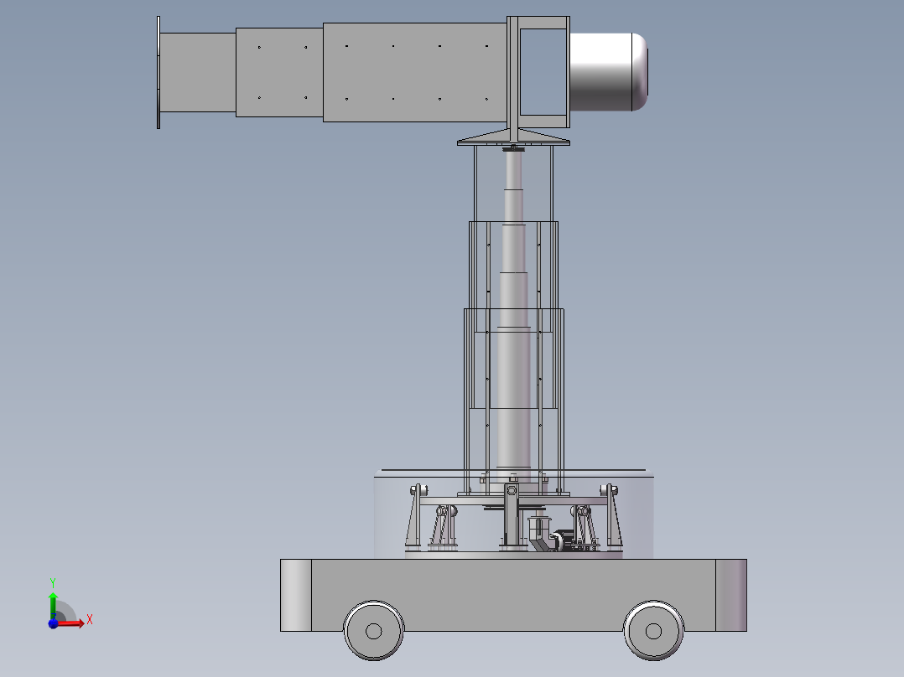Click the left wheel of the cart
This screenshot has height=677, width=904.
pyautogui.click(x=374, y=630)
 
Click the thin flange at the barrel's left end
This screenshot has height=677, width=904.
pyautogui.click(x=158, y=73)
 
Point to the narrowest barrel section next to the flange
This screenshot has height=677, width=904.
pyautogui.click(x=198, y=73)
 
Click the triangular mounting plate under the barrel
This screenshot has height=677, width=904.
pyautogui.click(x=513, y=137)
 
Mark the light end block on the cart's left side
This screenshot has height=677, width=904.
pyautogui.click(x=295, y=595)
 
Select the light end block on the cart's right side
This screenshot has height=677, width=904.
pyautogui.click(x=730, y=595)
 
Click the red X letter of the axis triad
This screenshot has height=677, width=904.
pyautogui.click(x=89, y=620)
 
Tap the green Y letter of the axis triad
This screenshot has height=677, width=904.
pyautogui.click(x=52, y=581)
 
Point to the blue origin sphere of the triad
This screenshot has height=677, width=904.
pyautogui.click(x=53, y=623)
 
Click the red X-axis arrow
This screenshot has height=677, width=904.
pyautogui.click(x=72, y=623)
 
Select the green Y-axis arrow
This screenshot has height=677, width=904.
pyautogui.click(x=53, y=603)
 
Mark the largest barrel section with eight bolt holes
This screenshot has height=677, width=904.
pyautogui.click(x=415, y=72)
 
